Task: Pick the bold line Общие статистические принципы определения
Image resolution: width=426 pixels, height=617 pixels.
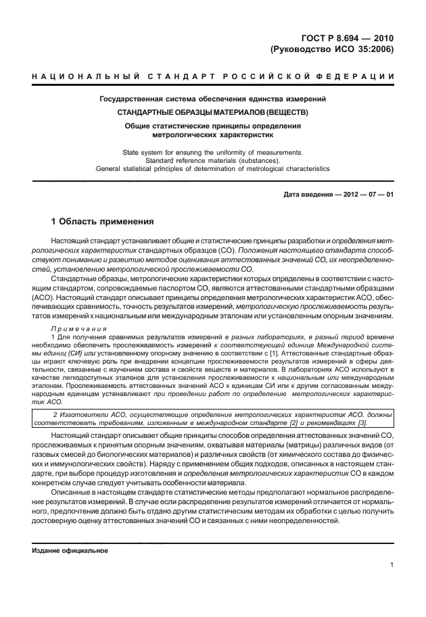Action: pyautogui.click(x=213, y=125)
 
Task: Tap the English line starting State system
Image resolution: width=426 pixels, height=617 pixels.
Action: pyautogui.click(x=213, y=152)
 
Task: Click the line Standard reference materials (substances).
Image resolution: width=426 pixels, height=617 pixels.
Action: pyautogui.click(x=213, y=160)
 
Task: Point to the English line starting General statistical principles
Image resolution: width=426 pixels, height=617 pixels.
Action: pyautogui.click(x=213, y=168)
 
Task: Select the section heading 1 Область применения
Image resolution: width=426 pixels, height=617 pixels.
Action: pyautogui.click(x=103, y=222)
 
